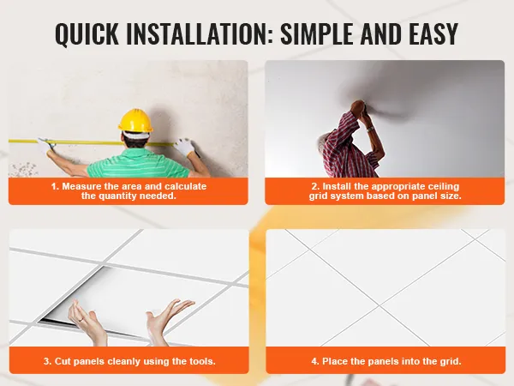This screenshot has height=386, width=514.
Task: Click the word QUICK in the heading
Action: point(87,33)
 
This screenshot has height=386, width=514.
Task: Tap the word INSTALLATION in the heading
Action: point(200,33)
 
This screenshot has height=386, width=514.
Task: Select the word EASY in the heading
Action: point(433,33)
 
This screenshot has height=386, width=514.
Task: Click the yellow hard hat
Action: point(135,120)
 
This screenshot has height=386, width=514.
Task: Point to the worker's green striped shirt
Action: point(138,163)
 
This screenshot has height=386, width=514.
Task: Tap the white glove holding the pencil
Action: point(184,148)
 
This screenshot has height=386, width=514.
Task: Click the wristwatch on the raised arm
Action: point(369,129)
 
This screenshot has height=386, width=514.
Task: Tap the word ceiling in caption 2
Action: point(444,187)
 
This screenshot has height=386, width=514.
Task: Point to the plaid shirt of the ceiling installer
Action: point(348,144)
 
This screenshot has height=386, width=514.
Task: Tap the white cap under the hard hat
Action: point(135,135)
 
